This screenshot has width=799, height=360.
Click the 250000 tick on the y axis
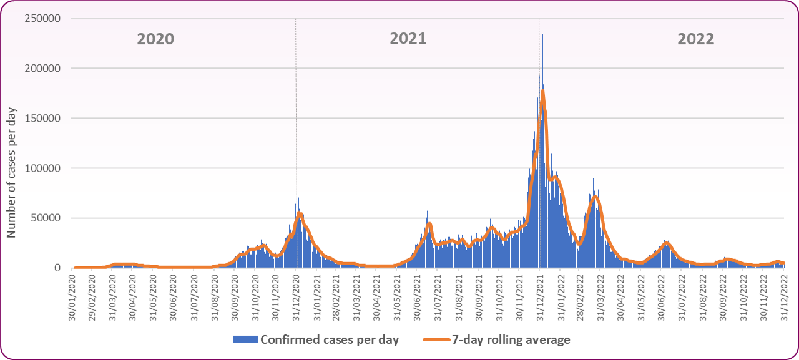point(43,19)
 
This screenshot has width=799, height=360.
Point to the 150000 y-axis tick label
point(43,119)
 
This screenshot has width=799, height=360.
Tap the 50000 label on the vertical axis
point(46,218)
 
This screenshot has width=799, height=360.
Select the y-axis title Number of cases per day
point(12,172)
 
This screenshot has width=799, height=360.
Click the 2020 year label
point(155,39)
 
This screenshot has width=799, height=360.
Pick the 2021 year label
point(408,39)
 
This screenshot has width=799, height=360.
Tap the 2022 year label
point(696,39)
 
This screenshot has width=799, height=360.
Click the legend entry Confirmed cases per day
point(330,340)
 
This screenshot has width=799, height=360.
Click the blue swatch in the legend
point(245,340)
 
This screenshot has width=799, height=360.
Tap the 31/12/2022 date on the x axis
point(783,294)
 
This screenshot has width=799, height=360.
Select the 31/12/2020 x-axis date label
point(296,294)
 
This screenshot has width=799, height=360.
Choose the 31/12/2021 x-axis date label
point(539,294)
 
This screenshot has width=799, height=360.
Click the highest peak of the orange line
point(543,91)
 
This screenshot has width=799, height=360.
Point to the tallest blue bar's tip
point(542,34)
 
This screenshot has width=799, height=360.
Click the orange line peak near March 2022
point(596,197)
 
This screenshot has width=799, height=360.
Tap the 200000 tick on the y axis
point(43,69)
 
